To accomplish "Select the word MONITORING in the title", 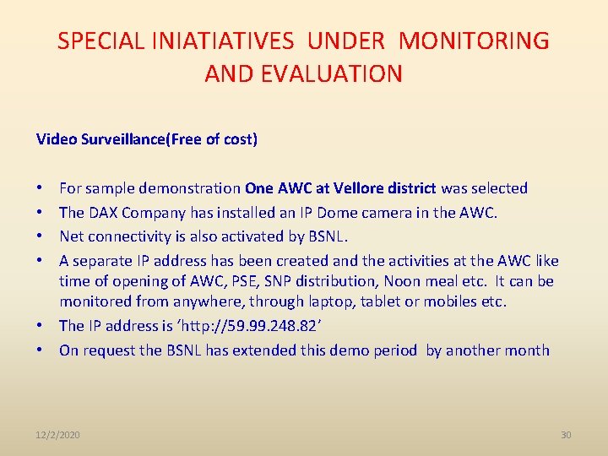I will pos(474,41).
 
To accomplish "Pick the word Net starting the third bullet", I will pos(72,236).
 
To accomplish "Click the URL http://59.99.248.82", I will pos(268,325).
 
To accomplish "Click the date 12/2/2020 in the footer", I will pos(58,434).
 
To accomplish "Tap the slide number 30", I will pos(566,434).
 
